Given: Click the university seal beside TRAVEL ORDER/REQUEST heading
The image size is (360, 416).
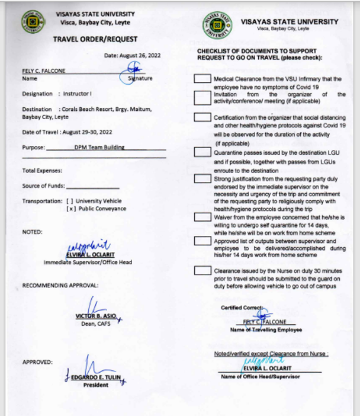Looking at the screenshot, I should [33, 22].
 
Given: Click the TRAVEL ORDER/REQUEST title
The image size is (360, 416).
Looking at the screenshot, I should [95, 40].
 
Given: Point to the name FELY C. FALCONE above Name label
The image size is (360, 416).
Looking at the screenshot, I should [44, 71].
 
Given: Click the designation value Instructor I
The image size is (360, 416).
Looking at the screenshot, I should [77, 94].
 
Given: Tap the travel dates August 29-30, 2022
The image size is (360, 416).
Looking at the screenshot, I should [83, 132].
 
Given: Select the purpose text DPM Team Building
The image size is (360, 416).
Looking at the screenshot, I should [99, 148].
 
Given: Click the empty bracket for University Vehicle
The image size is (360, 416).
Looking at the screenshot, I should [70, 201].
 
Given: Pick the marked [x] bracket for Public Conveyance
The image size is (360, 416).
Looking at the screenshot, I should [70, 209].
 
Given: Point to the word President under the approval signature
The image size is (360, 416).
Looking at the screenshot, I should [96, 385].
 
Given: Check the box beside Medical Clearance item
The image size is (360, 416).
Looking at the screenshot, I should [202, 78].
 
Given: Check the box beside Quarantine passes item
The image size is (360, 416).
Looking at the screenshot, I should [202, 152].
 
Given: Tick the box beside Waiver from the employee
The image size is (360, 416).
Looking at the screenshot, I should [202, 217].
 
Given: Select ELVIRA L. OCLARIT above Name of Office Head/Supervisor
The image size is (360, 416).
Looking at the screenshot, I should [264, 369].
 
